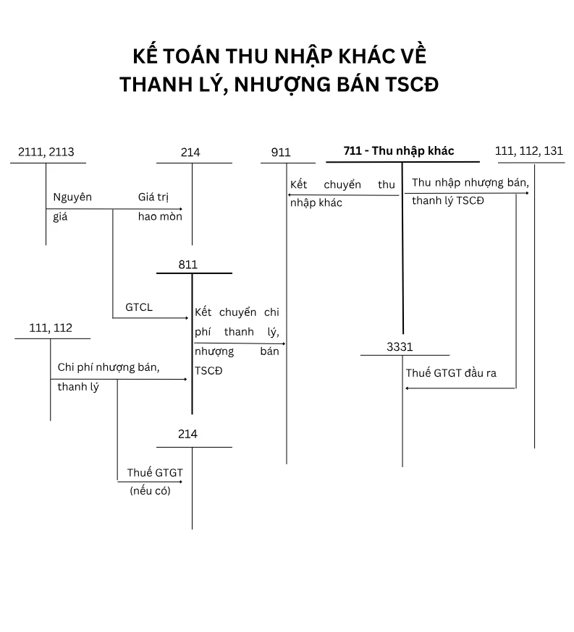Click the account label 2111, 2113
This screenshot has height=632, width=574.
[46, 153]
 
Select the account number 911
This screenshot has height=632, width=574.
[281, 153]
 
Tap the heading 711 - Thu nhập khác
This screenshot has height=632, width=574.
[399, 150]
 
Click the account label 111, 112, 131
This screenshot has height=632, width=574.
[529, 151]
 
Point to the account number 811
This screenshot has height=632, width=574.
[188, 265]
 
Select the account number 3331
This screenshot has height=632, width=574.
[400, 347]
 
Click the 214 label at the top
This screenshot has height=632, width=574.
[190, 153]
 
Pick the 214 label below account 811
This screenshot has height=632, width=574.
[187, 434]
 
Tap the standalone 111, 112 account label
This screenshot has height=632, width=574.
[51, 328]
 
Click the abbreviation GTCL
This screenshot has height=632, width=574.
[139, 307]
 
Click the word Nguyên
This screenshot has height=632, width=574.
[72, 197]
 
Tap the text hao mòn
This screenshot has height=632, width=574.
[160, 216]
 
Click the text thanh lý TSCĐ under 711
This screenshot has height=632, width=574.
[448, 200]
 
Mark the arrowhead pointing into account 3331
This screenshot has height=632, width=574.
[408, 388]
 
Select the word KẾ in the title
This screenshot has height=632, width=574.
[147, 56]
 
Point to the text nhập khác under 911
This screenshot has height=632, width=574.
[316, 203]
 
